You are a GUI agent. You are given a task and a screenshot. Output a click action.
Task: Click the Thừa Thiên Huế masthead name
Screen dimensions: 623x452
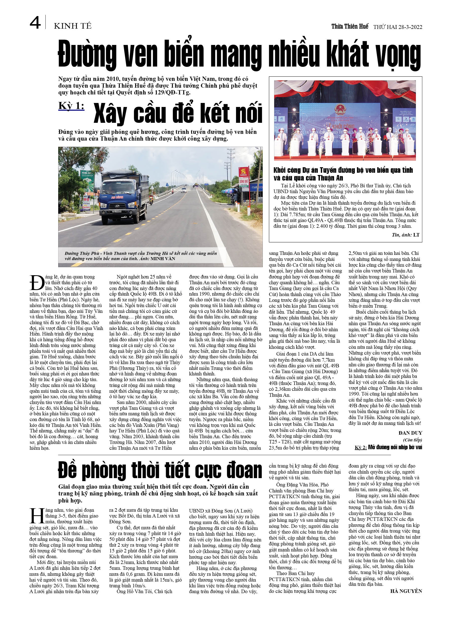350,26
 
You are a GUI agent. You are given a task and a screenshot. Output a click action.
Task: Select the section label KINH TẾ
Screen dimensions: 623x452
72,26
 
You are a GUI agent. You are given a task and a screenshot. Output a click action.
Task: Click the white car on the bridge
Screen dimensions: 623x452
184,190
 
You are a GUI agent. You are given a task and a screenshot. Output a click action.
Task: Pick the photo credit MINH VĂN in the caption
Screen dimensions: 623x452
163,258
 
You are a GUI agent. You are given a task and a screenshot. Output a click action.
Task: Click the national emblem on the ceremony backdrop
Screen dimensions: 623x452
341,109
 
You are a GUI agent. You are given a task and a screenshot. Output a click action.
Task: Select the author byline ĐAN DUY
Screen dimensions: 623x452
410,433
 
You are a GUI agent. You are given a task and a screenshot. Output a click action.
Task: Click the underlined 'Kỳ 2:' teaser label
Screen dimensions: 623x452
361,447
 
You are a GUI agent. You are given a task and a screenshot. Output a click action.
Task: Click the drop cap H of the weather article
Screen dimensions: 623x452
37,516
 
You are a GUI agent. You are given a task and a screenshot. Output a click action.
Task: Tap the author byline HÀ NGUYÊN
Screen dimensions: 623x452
406,591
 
